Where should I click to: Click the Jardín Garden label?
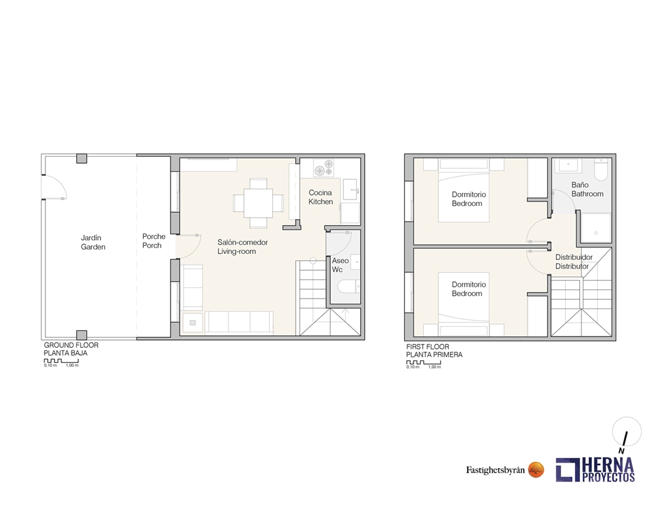click(x=93, y=242)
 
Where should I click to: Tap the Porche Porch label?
click(x=154, y=241)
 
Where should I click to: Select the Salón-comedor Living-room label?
click(x=242, y=247)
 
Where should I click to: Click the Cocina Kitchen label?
click(x=321, y=197)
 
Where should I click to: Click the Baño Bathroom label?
click(x=587, y=190)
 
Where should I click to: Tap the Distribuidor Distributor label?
click(x=574, y=261)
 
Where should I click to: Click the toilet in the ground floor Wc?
click(x=346, y=286)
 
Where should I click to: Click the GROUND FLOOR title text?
click(x=71, y=345)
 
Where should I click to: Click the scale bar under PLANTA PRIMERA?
click(x=423, y=362)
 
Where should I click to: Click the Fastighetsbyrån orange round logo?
click(x=536, y=469)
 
